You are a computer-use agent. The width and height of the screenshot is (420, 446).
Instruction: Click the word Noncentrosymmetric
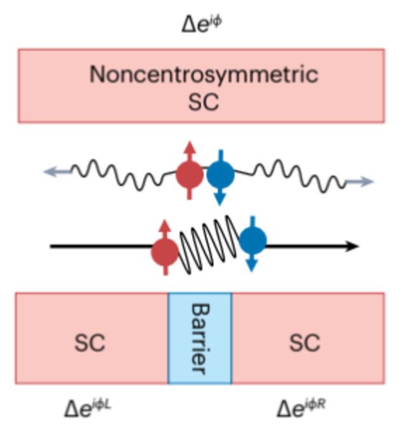tap(203, 75)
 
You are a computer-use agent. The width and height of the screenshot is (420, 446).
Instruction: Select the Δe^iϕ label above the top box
tap(203, 25)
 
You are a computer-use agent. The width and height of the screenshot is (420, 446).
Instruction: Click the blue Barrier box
tap(200, 338)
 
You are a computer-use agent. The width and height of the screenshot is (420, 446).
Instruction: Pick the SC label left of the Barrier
tap(90, 343)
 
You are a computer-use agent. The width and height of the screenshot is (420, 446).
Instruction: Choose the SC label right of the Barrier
tap(304, 343)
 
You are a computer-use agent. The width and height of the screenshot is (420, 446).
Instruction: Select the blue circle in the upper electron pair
tap(220, 173)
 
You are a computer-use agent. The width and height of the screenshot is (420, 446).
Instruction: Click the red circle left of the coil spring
tap(165, 253)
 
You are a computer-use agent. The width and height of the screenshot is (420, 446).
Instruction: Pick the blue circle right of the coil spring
tap(253, 240)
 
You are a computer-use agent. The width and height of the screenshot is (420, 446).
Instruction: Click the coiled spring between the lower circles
tap(209, 245)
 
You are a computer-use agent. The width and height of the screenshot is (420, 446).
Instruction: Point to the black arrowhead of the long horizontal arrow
tap(353, 247)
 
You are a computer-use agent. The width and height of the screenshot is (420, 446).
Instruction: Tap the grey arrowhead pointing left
tap(50, 171)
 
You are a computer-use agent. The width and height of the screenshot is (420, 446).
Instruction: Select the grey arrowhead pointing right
tap(368, 182)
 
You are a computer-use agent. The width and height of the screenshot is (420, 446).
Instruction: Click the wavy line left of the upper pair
tap(115, 172)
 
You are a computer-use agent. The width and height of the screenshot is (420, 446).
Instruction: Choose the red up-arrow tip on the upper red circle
tap(189, 147)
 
